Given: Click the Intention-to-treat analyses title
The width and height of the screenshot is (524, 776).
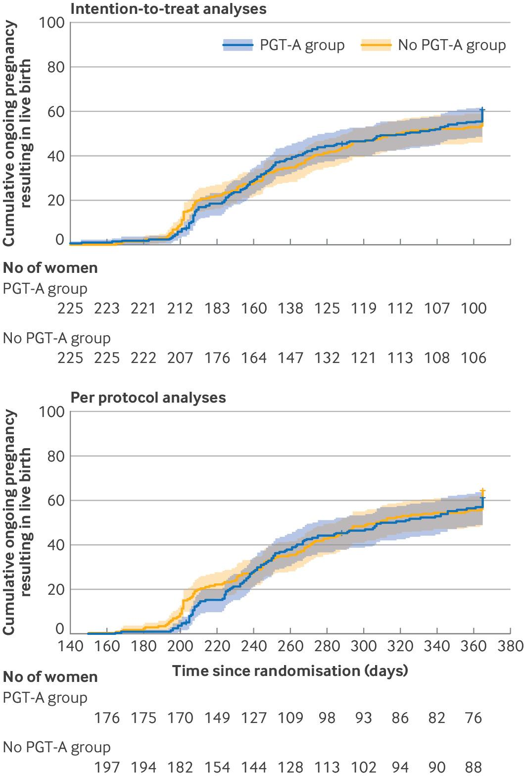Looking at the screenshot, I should [x=168, y=8].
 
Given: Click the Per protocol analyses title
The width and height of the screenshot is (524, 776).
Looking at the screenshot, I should [x=148, y=398].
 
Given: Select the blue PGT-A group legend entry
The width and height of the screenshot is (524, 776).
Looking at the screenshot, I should [x=284, y=46].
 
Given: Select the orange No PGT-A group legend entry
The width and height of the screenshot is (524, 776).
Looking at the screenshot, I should [x=433, y=46].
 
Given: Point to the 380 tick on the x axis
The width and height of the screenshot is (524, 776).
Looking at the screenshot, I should [x=511, y=646].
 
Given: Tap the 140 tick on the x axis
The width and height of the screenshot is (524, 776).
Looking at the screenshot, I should [x=70, y=646].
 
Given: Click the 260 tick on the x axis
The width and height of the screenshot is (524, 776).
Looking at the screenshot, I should [x=290, y=646].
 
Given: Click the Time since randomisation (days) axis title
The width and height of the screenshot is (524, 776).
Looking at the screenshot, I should [x=290, y=671].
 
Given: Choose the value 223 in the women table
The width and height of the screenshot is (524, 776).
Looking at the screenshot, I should [x=107, y=309].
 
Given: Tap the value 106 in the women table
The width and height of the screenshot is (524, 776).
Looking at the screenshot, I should [x=474, y=358].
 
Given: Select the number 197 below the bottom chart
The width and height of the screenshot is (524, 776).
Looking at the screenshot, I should [x=107, y=767].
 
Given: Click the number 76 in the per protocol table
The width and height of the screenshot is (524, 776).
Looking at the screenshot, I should [x=474, y=718].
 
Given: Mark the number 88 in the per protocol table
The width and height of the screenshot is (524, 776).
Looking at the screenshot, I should [x=474, y=767].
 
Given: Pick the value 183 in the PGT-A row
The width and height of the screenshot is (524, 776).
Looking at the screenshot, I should [x=217, y=309].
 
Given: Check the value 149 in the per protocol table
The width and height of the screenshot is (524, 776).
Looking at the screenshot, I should [x=217, y=718].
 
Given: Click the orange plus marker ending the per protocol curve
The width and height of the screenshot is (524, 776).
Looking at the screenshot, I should [x=483, y=491].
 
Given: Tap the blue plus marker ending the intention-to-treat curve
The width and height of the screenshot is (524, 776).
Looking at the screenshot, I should [x=483, y=109].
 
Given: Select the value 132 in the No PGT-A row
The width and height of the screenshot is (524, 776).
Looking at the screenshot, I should [x=327, y=358].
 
